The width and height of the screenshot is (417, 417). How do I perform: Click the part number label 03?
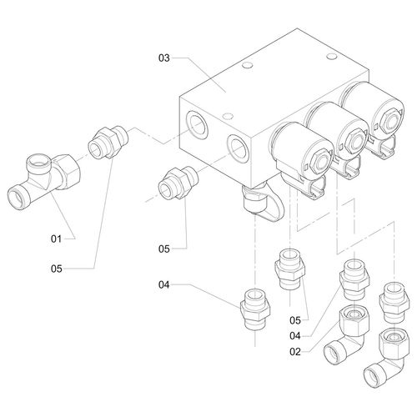click(x=163, y=58)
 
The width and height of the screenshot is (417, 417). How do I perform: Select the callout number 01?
click(x=56, y=239)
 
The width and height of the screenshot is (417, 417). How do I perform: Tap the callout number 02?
click(x=295, y=352)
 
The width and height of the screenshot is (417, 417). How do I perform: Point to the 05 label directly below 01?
click(x=56, y=269)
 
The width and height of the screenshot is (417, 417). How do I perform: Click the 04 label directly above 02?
click(x=295, y=336)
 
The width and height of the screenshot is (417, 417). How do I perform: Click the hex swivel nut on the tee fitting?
click(x=67, y=172)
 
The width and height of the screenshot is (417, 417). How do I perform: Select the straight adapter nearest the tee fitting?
click(x=108, y=143)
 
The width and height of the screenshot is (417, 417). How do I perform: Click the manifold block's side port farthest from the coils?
click(x=197, y=124)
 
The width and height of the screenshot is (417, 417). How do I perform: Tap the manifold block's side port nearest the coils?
click(x=238, y=149)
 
